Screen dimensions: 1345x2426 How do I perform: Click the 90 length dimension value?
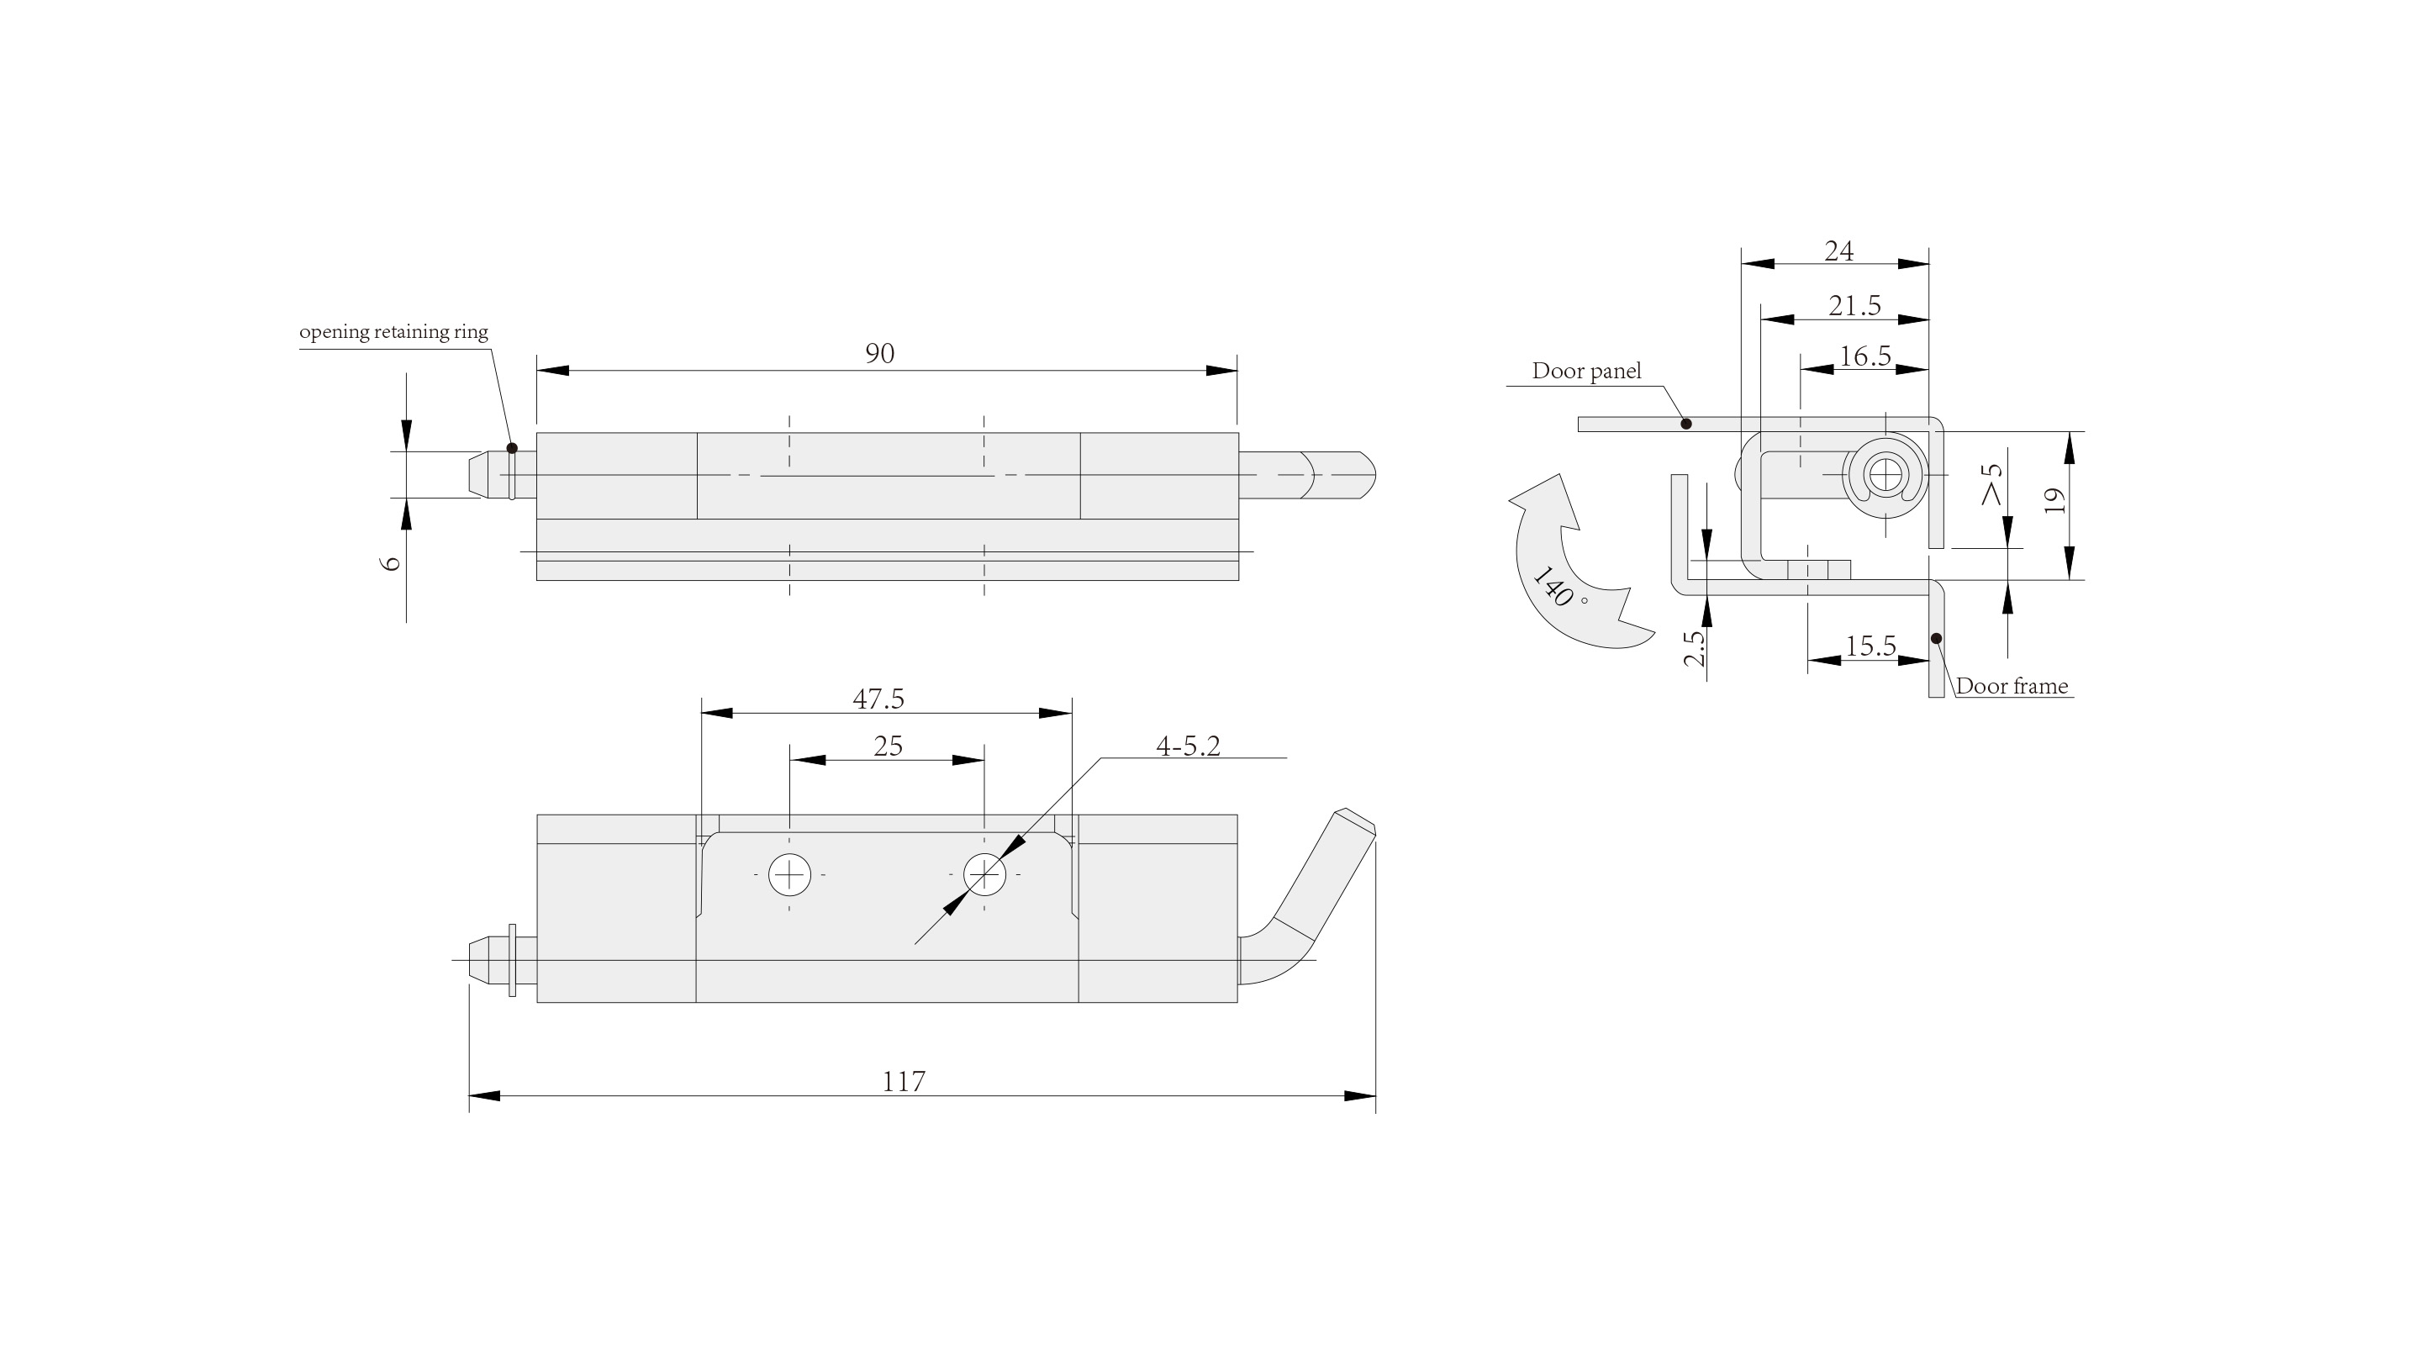tap(879, 353)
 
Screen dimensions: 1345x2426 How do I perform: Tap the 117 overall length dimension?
tap(903, 1080)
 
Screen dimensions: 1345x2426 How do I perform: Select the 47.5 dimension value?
tap(878, 699)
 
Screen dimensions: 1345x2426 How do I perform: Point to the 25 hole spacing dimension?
tap(888, 746)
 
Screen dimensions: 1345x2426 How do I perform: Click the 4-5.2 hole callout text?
tap(1188, 746)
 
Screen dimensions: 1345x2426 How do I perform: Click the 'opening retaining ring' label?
tap(393, 331)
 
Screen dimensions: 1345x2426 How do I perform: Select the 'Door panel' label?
tap(1586, 371)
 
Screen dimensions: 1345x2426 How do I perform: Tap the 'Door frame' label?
tap(2012, 686)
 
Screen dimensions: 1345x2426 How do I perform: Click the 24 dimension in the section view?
tap(1838, 251)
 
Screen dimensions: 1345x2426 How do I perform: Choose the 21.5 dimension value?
tap(1854, 305)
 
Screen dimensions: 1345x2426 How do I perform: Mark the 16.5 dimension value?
tap(1864, 356)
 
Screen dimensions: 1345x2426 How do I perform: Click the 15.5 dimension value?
tap(1870, 646)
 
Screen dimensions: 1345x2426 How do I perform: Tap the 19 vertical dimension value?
tap(2055, 499)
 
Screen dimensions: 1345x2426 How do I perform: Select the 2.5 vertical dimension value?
tap(1694, 648)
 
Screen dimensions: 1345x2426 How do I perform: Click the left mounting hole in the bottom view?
tap(789, 875)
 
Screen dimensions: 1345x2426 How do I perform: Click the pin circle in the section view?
tap(1885, 475)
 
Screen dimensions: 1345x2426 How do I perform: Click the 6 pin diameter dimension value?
tap(392, 562)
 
